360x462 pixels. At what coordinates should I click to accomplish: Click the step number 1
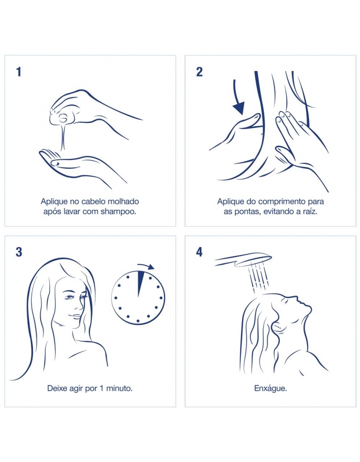19,72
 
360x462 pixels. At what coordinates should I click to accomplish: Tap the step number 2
199,72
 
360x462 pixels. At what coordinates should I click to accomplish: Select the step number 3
19,252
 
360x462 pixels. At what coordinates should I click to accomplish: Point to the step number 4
199,252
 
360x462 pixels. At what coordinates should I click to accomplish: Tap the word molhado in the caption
123,201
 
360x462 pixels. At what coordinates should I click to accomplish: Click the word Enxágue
270,389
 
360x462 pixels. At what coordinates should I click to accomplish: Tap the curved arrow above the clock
146,267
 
